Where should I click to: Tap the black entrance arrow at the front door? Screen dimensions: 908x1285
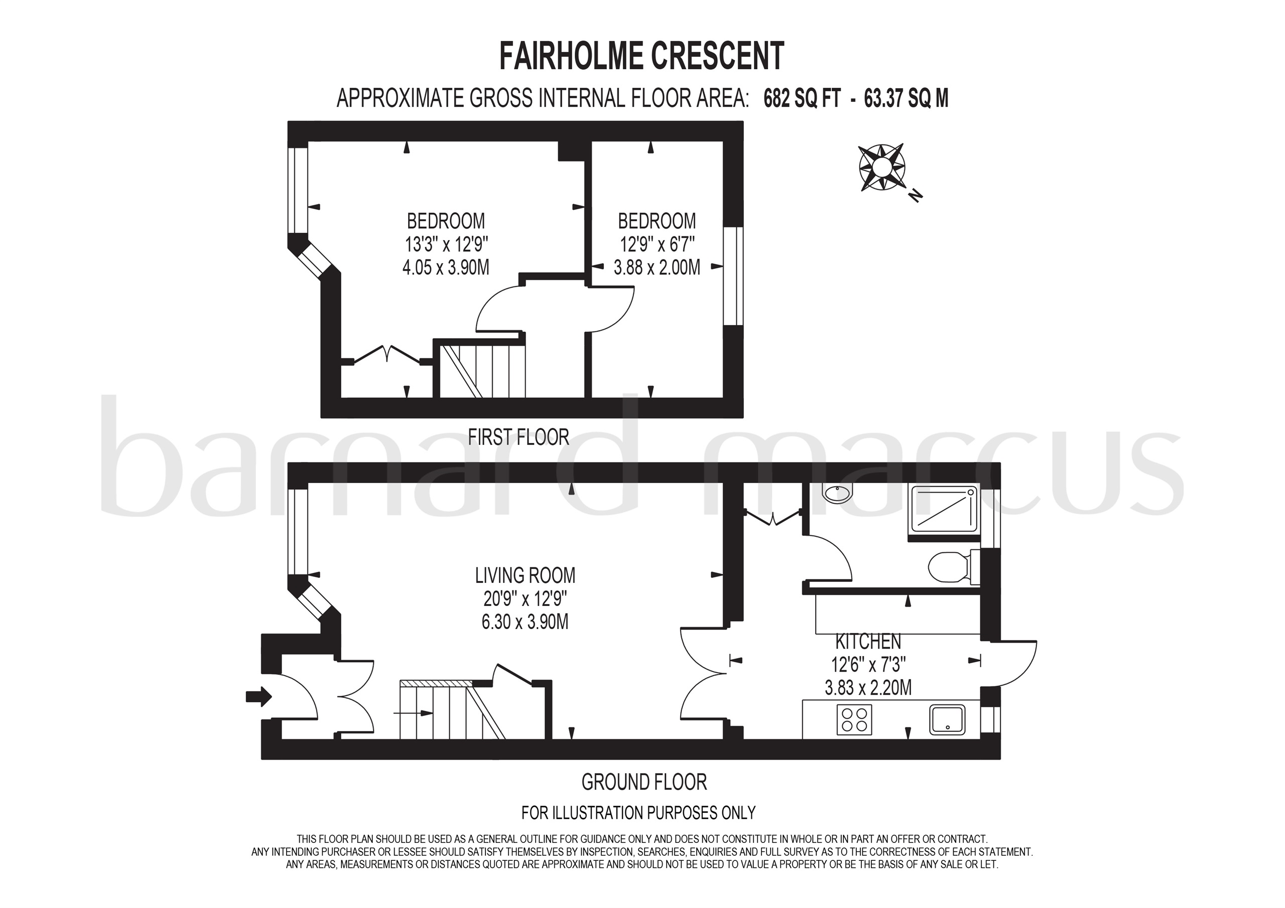(259, 697)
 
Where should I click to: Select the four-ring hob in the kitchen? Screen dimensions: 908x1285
(854, 719)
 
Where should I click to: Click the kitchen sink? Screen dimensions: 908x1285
(947, 719)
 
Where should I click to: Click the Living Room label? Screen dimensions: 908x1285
(525, 575)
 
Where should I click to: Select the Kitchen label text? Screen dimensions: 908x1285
(868, 641)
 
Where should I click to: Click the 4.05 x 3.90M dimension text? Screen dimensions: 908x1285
(446, 267)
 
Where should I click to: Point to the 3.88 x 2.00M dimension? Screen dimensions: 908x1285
(657, 267)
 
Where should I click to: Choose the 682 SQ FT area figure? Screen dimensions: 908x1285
(802, 99)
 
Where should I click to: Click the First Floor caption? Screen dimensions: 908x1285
(518, 437)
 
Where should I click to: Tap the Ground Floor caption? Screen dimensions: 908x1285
(644, 782)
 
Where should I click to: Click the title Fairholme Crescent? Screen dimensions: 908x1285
(641, 56)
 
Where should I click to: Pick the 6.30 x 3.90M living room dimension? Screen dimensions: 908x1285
(525, 622)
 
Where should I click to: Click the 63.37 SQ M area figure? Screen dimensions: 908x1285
(906, 99)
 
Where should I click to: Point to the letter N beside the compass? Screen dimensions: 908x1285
(915, 195)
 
